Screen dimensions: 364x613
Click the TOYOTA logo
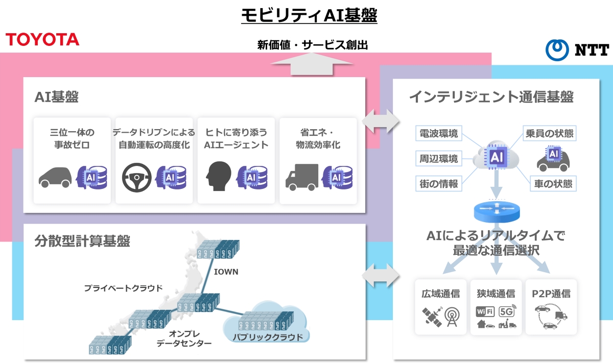click(x=42, y=39)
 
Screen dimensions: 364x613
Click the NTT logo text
click(x=592, y=50)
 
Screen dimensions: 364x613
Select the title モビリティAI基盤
click(x=309, y=16)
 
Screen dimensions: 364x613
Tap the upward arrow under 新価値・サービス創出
click(x=312, y=65)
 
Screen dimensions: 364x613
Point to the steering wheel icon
click(x=136, y=177)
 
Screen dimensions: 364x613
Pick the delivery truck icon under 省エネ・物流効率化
click(x=301, y=177)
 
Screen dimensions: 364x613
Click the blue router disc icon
click(x=495, y=209)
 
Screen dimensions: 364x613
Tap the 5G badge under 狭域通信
click(x=507, y=311)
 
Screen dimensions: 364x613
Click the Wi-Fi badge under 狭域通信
click(x=485, y=311)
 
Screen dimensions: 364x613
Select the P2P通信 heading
click(x=551, y=294)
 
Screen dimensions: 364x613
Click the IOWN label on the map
click(x=226, y=272)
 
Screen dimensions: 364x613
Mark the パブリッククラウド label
click(x=264, y=337)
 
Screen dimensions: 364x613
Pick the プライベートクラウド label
click(x=123, y=288)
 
